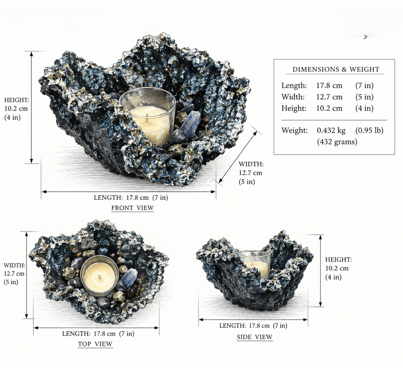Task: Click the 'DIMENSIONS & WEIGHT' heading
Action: pyautogui.click(x=336, y=69)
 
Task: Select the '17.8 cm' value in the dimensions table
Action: pyautogui.click(x=329, y=86)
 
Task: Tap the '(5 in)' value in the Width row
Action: pyautogui.click(x=364, y=97)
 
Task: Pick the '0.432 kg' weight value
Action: pyautogui.click(x=331, y=130)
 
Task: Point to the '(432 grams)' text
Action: pyautogui.click(x=337, y=142)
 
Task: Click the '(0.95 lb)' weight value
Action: pyautogui.click(x=369, y=130)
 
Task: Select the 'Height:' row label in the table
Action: pyautogui.click(x=294, y=108)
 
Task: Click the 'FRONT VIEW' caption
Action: pyautogui.click(x=133, y=208)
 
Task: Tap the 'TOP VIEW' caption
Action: pyautogui.click(x=95, y=344)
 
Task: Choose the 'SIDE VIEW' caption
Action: pyautogui.click(x=255, y=337)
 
